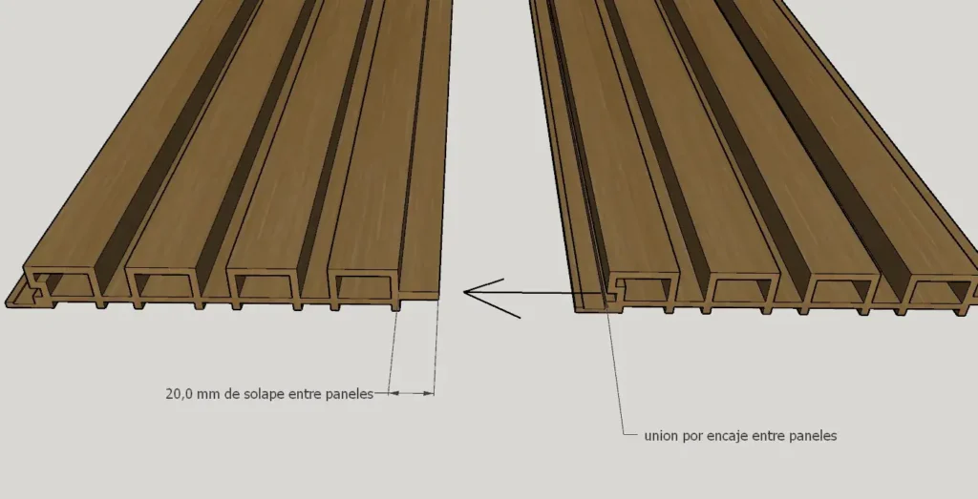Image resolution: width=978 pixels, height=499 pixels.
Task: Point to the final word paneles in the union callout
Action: pyautogui.click(x=814, y=436)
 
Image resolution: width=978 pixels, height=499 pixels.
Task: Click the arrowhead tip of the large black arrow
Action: pyautogui.click(x=464, y=292)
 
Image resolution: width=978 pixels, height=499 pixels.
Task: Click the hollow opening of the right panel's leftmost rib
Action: pyautogui.click(x=648, y=288)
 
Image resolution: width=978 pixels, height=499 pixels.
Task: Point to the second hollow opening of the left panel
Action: pyautogui.click(x=163, y=284)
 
